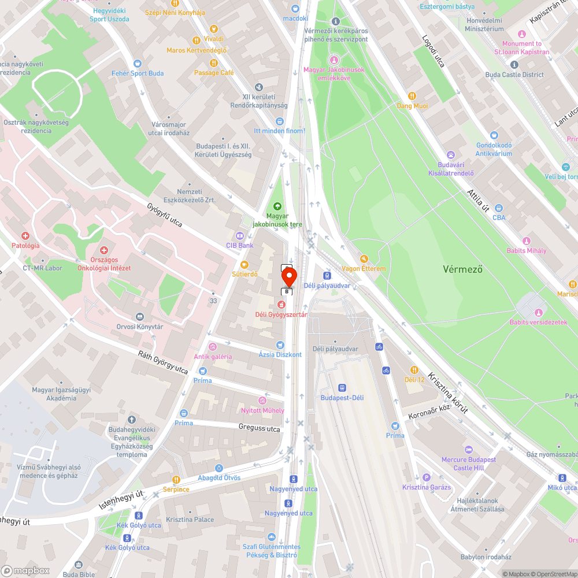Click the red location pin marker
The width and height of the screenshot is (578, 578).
coord(288,275)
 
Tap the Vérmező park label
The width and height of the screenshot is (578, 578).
coord(462,269)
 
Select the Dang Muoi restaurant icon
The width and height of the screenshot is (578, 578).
coord(412,96)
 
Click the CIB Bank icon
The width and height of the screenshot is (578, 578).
coord(239,235)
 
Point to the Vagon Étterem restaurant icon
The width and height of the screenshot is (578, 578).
coord(364,259)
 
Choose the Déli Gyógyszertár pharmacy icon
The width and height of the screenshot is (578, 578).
coord(281,305)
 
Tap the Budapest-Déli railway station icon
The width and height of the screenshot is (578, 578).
coord(342,388)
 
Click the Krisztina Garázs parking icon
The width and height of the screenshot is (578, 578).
coord(427,477)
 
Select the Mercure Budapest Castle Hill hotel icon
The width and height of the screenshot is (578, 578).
coord(468,450)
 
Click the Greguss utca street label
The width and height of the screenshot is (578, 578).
coord(259,428)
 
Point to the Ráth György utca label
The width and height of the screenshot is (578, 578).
coord(163,362)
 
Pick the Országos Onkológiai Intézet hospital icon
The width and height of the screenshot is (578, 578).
coord(104,250)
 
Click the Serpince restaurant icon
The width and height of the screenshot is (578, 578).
coord(176,479)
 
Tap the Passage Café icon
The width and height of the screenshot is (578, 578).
coord(214,62)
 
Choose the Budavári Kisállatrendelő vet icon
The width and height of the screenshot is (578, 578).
coord(451,155)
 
